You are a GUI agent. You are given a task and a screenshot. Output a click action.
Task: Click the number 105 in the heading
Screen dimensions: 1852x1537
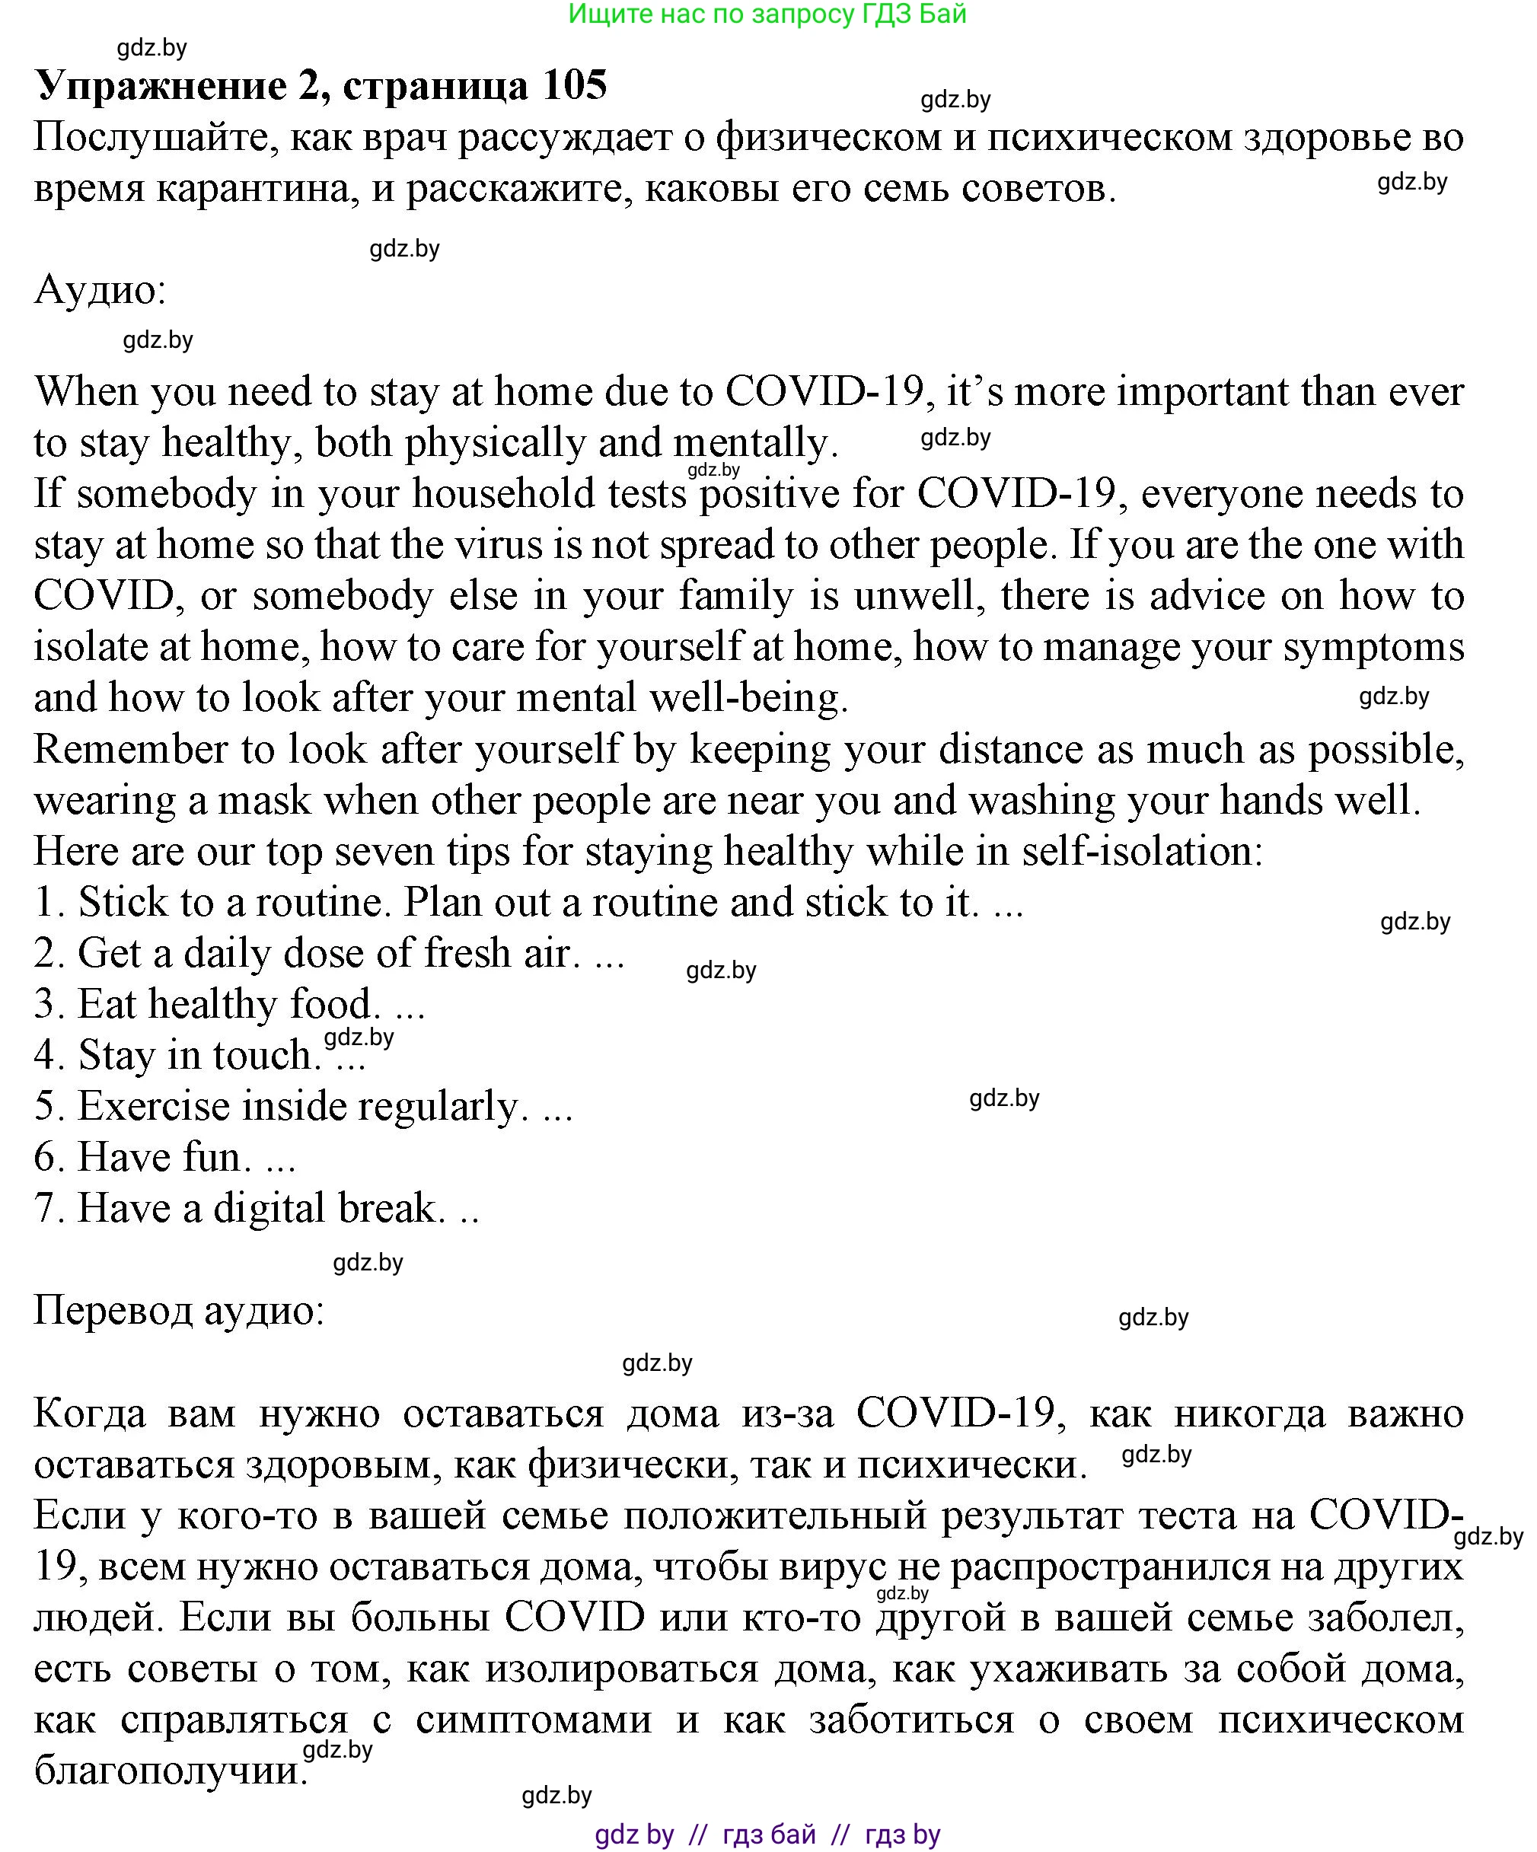(x=574, y=85)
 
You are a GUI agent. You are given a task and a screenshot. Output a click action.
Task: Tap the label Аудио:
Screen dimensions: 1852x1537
(x=100, y=290)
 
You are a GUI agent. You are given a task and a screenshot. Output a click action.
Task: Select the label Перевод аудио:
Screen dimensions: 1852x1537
(x=179, y=1311)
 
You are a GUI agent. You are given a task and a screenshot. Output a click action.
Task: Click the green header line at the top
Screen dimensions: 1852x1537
(x=767, y=14)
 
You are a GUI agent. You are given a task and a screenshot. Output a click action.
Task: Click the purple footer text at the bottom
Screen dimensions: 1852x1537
(x=767, y=1835)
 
